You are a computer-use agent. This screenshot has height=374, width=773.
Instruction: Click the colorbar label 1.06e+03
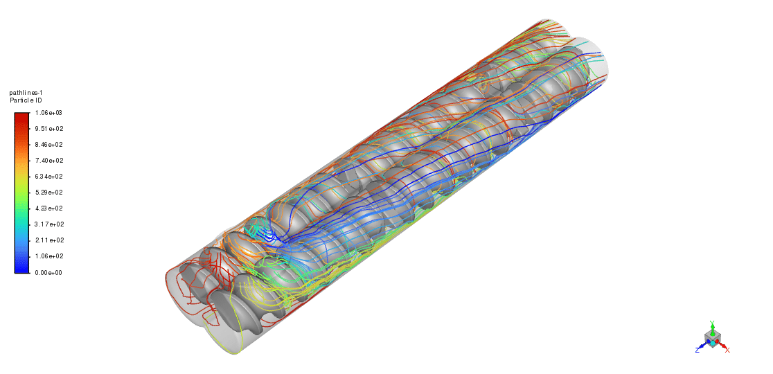[48, 113]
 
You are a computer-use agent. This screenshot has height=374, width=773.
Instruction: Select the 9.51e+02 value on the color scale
[48, 129]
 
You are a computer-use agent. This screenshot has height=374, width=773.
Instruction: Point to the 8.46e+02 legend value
[48, 145]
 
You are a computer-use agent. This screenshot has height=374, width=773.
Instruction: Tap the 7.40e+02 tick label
[48, 161]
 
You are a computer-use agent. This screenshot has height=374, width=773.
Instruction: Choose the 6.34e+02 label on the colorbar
[48, 177]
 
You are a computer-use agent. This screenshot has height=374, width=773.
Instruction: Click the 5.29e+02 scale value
[48, 193]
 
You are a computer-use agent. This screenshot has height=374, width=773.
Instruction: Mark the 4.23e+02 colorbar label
[48, 208]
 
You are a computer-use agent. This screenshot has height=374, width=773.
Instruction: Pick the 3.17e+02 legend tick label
[48, 224]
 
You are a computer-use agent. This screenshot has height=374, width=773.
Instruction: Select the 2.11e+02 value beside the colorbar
[48, 240]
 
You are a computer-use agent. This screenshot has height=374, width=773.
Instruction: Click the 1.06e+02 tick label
[48, 256]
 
